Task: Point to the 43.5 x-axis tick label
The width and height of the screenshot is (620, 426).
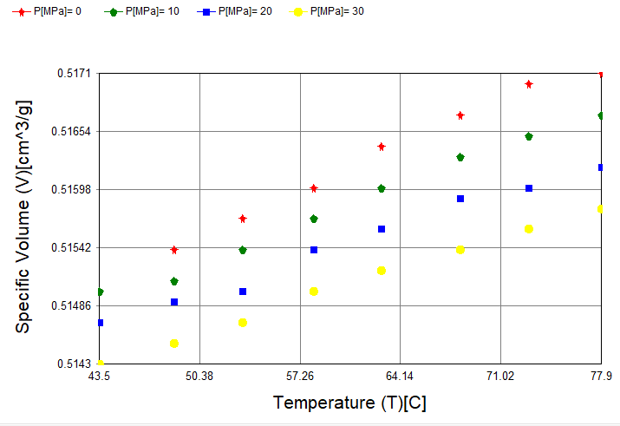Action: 100,377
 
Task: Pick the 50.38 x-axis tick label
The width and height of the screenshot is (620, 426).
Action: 199,377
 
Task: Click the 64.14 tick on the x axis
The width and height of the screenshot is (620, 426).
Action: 400,377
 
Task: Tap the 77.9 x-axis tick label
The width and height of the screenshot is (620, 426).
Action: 600,377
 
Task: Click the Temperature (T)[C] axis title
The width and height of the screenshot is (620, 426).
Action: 349,403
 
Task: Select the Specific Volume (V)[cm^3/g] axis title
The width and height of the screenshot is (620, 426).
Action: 23,217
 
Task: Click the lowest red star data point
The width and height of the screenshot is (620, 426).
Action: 174,250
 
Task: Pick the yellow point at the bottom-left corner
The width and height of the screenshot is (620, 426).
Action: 101,363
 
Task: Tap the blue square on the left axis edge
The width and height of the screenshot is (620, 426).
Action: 101,323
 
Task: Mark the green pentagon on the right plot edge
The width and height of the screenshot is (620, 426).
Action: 600,115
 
